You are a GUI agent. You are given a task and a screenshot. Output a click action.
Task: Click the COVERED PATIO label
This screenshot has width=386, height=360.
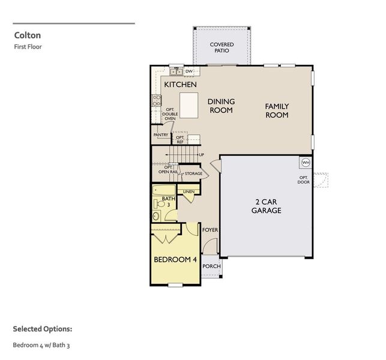pyautogui.click(x=222, y=47)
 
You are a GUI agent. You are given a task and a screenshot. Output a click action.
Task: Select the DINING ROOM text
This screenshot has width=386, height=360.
pyautogui.click(x=221, y=106)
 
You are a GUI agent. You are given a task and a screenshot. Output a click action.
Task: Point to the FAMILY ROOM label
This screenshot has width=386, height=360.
pyautogui.click(x=277, y=110)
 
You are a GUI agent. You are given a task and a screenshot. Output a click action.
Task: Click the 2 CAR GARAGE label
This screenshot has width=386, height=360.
pyautogui.click(x=266, y=206)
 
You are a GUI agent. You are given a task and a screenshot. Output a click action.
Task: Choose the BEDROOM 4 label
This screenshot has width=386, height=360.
pyautogui.click(x=175, y=260)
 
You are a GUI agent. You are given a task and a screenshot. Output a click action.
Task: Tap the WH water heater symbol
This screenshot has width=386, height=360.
pyautogui.click(x=305, y=163)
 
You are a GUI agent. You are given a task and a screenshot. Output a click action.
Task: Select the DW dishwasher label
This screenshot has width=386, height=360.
pyautogui.click(x=188, y=71)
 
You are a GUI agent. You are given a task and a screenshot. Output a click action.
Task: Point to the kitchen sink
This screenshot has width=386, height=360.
pyautogui.click(x=175, y=72)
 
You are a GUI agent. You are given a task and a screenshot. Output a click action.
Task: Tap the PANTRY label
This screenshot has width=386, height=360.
pyautogui.click(x=161, y=135)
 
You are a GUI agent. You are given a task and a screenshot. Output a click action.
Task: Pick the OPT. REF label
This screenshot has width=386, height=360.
pyautogui.click(x=180, y=139)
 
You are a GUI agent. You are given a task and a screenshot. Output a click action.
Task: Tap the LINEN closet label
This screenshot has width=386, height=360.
pyautogui.click(x=189, y=192)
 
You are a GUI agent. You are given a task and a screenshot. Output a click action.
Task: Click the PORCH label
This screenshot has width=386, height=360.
pyautogui.click(x=211, y=266)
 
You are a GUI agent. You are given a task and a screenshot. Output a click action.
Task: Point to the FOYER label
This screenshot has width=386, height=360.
pyautogui.click(x=210, y=230)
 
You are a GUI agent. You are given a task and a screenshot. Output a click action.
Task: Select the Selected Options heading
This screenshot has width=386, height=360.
pyautogui.click(x=43, y=329)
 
